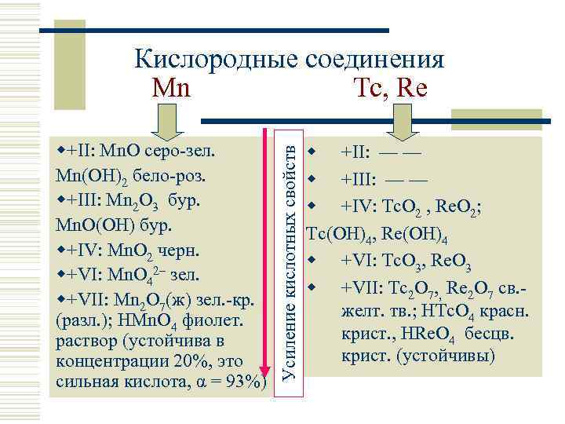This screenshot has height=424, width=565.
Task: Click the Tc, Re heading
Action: (x=390, y=88)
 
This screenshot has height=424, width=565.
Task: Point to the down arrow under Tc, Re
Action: (x=402, y=125)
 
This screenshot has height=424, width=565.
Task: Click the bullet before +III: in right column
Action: (x=312, y=178)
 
